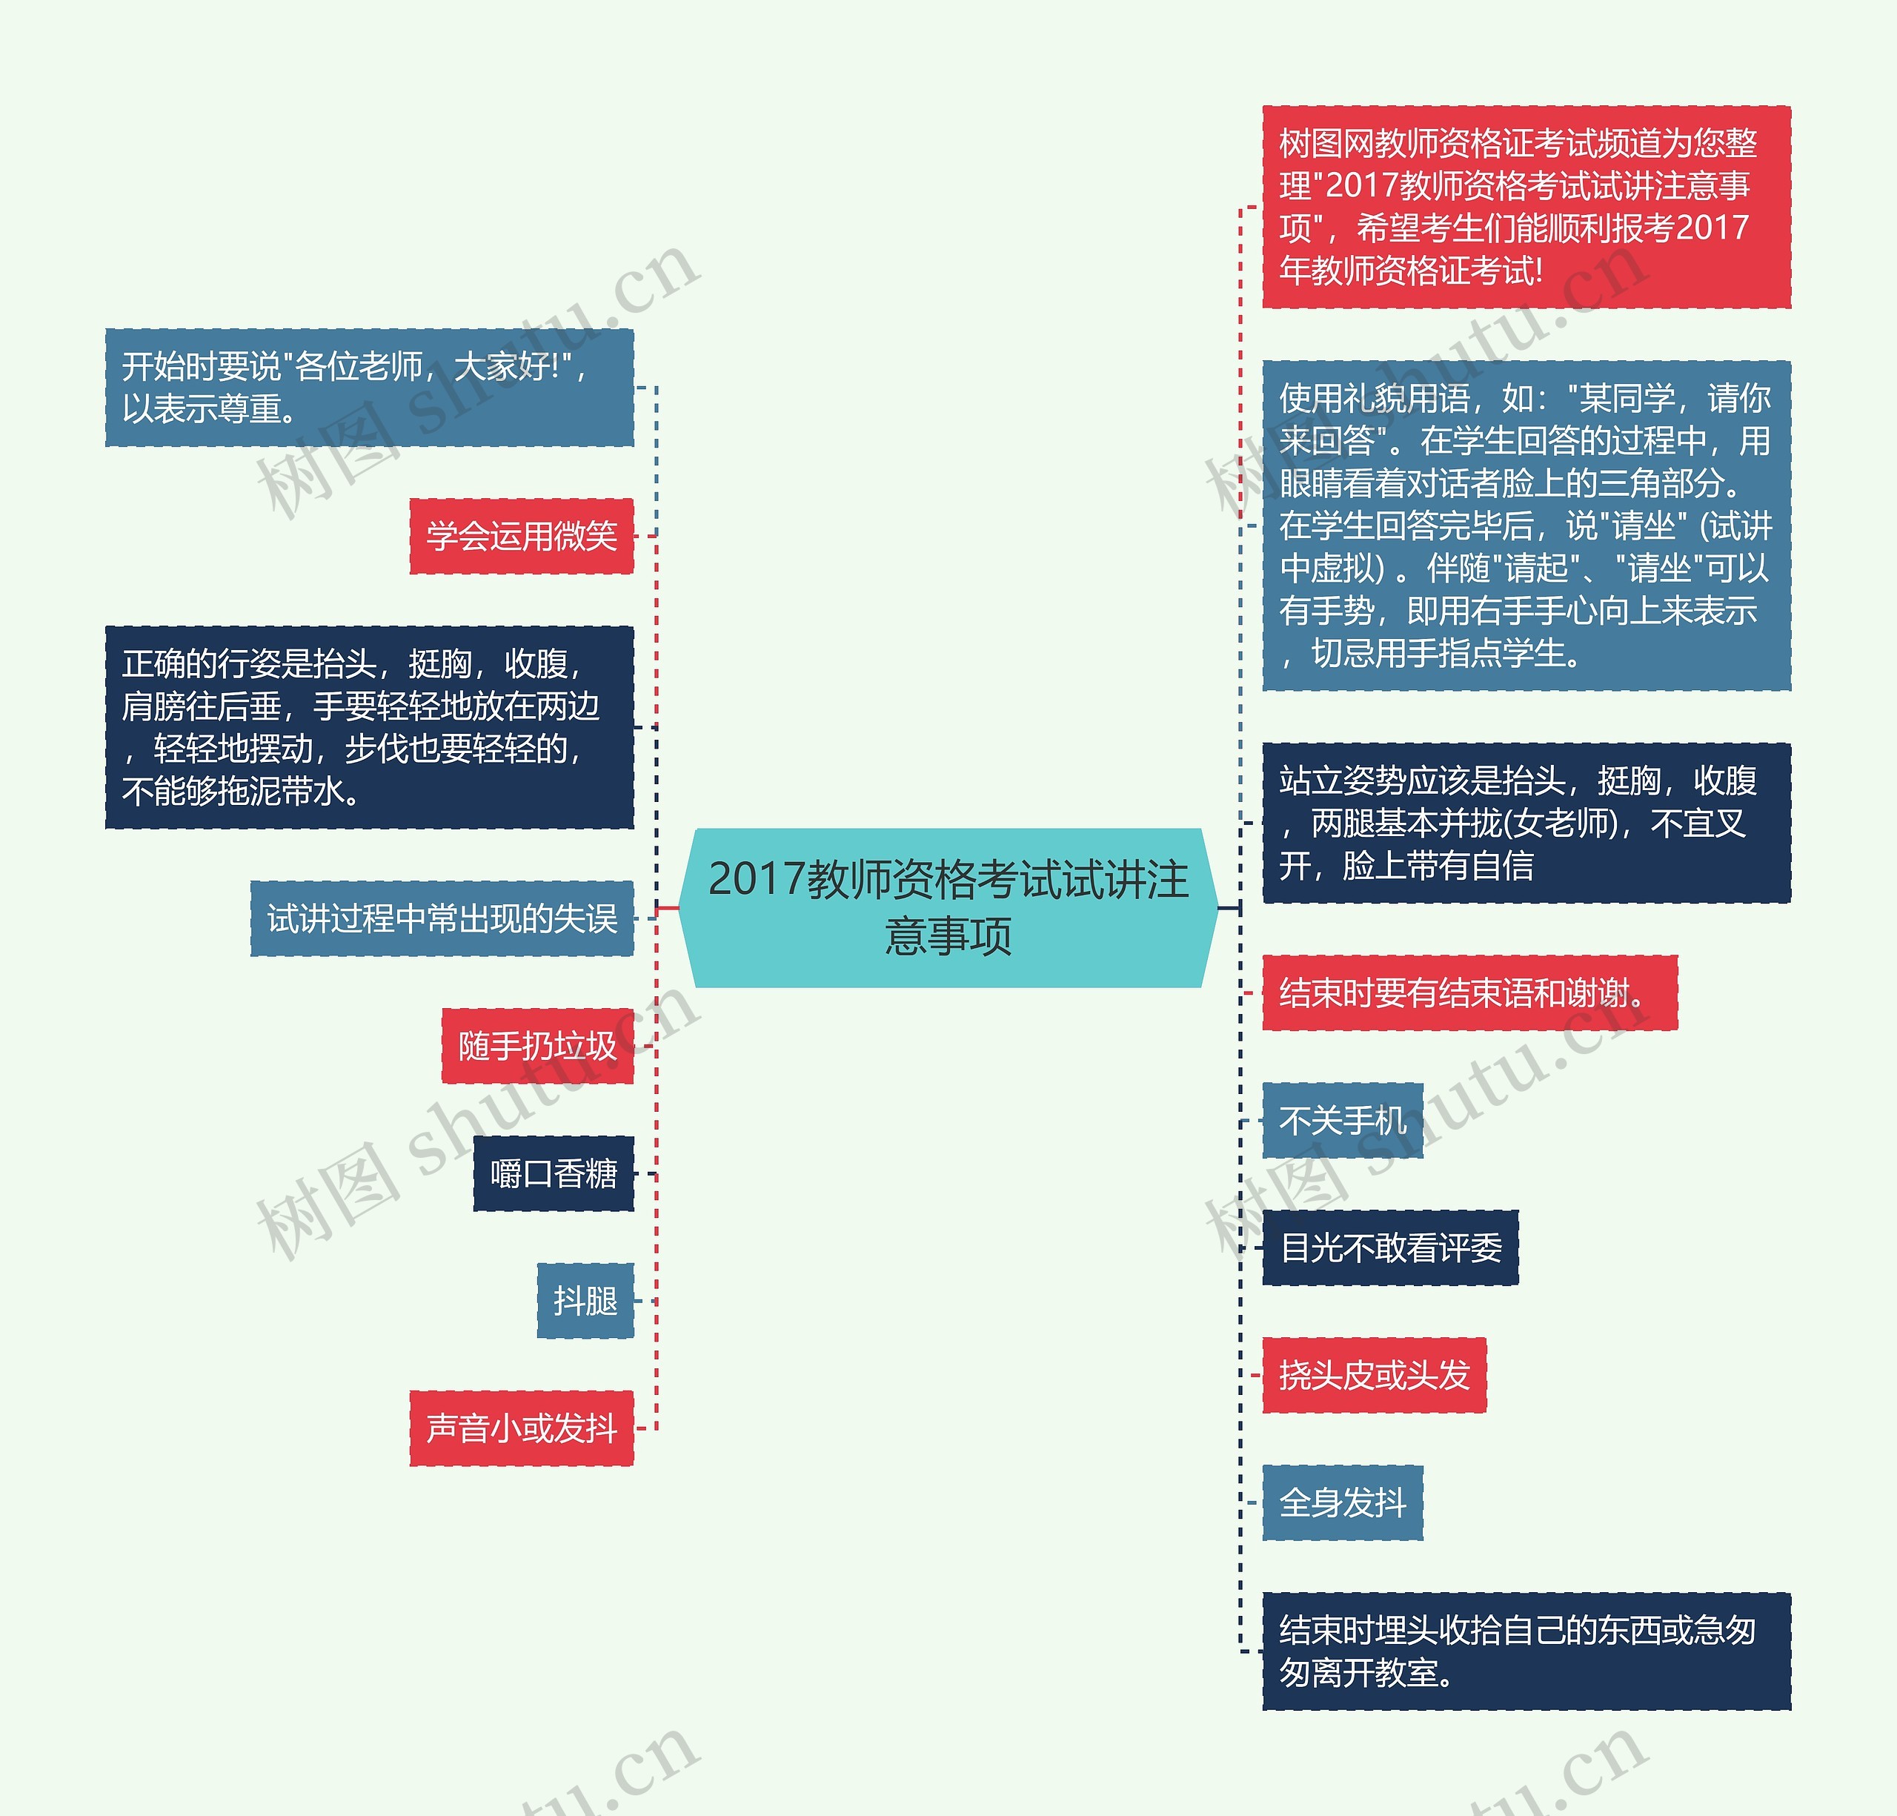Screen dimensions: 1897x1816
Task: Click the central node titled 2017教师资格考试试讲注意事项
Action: (948, 907)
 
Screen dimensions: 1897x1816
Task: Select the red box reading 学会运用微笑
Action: (521, 535)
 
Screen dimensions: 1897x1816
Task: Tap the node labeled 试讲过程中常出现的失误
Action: (442, 918)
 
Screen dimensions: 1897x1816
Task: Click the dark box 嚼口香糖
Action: (553, 1173)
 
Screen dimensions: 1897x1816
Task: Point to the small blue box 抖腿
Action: (585, 1300)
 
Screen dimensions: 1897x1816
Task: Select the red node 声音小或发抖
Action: (521, 1428)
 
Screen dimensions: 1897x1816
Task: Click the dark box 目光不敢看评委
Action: (1390, 1247)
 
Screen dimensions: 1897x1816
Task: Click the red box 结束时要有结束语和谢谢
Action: (1468, 992)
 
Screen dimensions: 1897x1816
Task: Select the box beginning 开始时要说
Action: (369, 387)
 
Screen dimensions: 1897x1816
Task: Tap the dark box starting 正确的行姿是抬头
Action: (369, 727)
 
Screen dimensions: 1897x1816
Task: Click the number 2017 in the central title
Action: (756, 879)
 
